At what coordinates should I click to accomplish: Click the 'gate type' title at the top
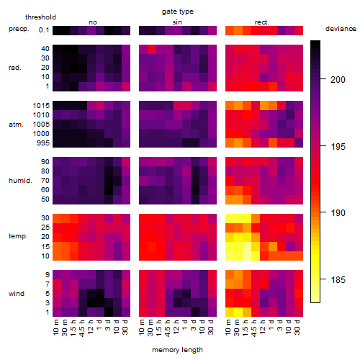pyautogui.click(x=178, y=12)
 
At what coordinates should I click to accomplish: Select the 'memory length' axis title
pyautogui.click(x=177, y=350)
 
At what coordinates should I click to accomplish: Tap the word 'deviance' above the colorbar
pyautogui.click(x=341, y=29)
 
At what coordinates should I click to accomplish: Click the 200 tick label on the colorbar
pyautogui.click(x=338, y=79)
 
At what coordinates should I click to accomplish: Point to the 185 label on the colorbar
pyautogui.click(x=338, y=279)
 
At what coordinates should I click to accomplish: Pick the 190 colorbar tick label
pyautogui.click(x=338, y=212)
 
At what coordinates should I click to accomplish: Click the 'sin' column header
pyautogui.click(x=177, y=22)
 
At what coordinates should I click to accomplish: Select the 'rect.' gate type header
pyautogui.click(x=262, y=22)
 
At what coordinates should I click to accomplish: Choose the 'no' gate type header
pyautogui.click(x=93, y=22)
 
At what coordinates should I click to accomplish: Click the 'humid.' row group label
pyautogui.click(x=20, y=181)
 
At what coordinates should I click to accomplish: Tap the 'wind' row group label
pyautogui.click(x=17, y=294)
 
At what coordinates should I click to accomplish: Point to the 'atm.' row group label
pyautogui.click(x=16, y=125)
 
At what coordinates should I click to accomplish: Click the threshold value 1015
pyautogui.click(x=41, y=106)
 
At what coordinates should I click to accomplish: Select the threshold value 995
pyautogui.click(x=43, y=143)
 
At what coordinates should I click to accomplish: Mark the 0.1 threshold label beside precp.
pyautogui.click(x=44, y=30)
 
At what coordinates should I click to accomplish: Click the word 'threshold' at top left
pyautogui.click(x=40, y=17)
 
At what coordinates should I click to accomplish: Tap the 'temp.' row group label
pyautogui.click(x=18, y=236)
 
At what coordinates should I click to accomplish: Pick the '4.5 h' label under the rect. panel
pyautogui.click(x=253, y=328)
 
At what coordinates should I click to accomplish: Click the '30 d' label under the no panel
pyautogui.click(x=125, y=327)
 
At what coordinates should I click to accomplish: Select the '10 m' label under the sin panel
pyautogui.click(x=143, y=328)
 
